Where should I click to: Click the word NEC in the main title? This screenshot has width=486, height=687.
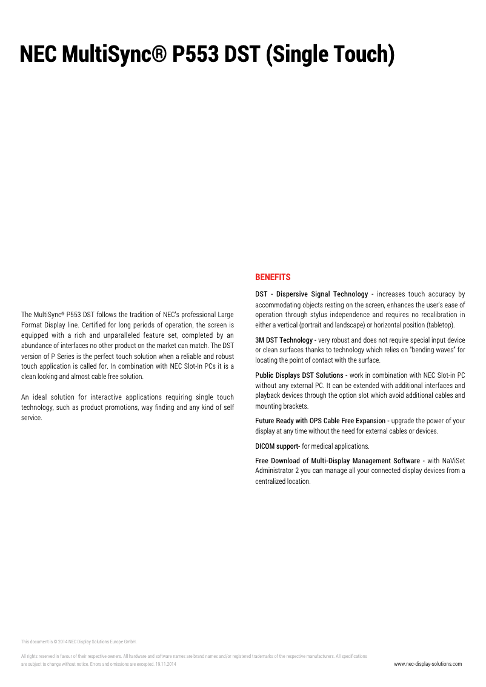point(38,55)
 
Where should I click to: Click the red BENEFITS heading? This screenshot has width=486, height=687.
point(273,277)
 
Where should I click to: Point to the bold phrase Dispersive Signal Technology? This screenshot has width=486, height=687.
point(322,294)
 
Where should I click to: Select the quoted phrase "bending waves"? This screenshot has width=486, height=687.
point(434,350)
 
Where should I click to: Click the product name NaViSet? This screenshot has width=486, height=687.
point(454,461)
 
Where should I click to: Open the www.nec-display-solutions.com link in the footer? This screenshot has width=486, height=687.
point(428,664)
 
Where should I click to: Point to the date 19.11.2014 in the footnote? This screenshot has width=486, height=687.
point(165,665)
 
